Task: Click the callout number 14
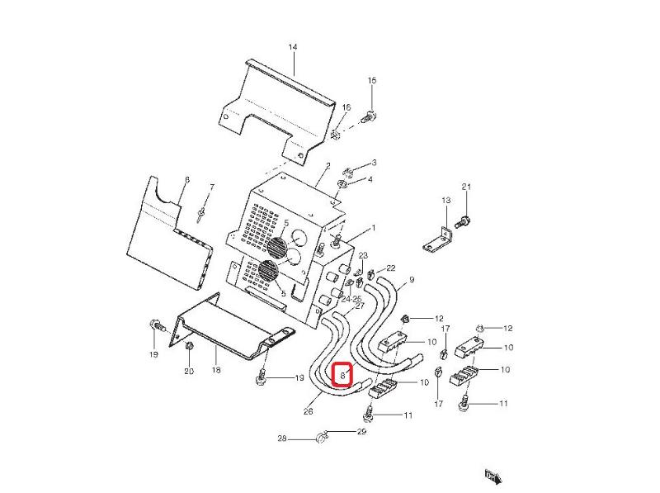292,47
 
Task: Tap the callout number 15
371,80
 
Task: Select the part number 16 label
346,108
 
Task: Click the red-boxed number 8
342,375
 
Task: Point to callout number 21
465,187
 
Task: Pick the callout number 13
445,201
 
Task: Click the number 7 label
211,187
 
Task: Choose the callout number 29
361,432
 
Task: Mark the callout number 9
411,280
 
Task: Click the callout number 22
390,268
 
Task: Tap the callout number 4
370,179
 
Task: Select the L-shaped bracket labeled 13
437,239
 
